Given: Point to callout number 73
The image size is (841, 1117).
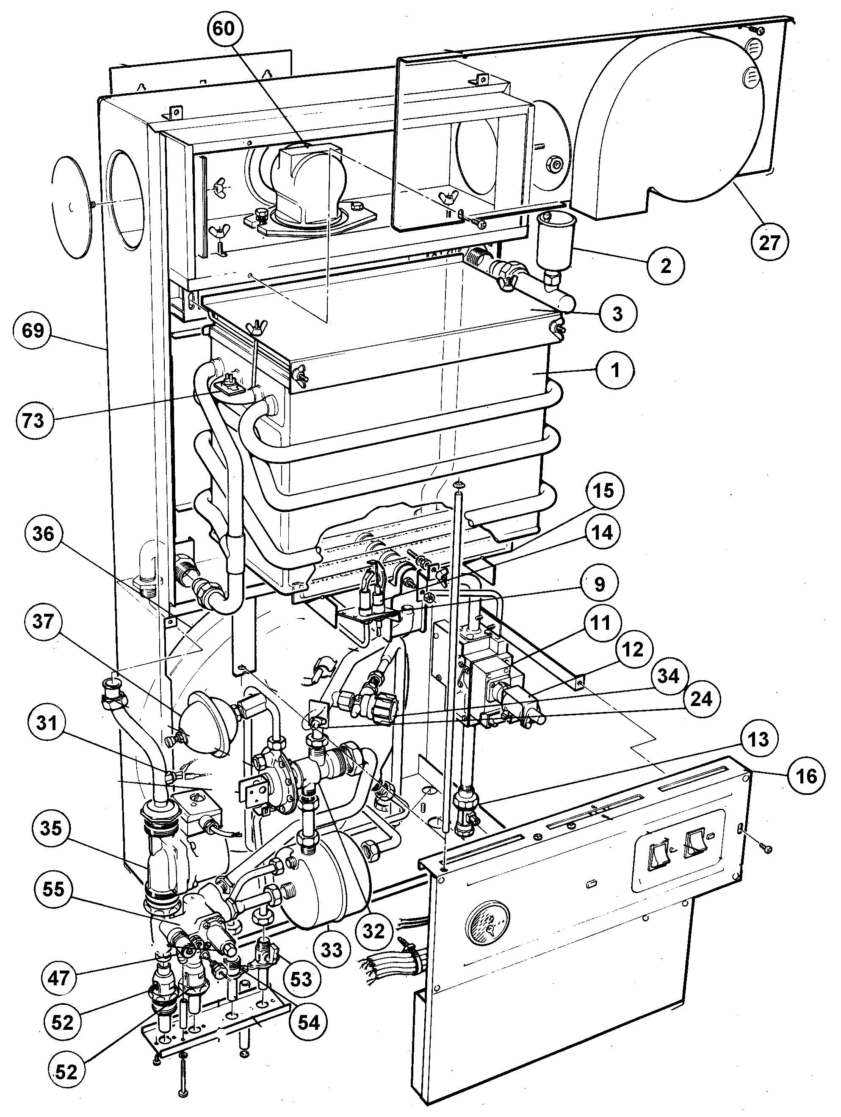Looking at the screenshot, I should pos(33,419).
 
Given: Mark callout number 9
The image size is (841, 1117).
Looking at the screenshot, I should pos(600,584).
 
